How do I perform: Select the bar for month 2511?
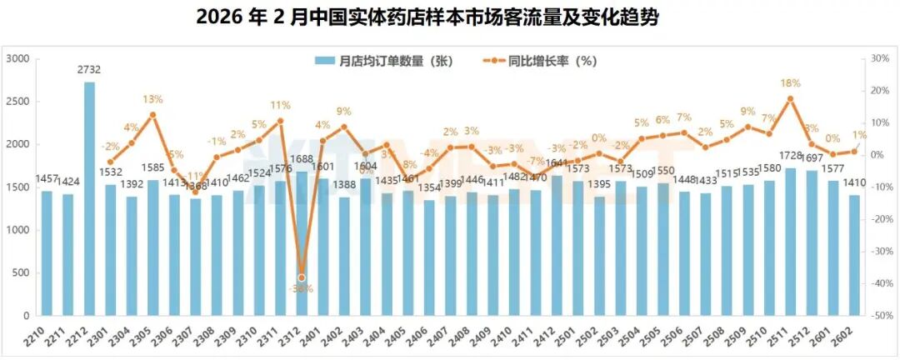click(x=790, y=242)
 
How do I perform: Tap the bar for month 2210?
click(x=47, y=253)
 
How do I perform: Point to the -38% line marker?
click(x=302, y=277)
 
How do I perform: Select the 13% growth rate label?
click(x=152, y=99)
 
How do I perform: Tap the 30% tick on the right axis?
click(x=881, y=58)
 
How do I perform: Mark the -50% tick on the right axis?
click(x=879, y=317)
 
